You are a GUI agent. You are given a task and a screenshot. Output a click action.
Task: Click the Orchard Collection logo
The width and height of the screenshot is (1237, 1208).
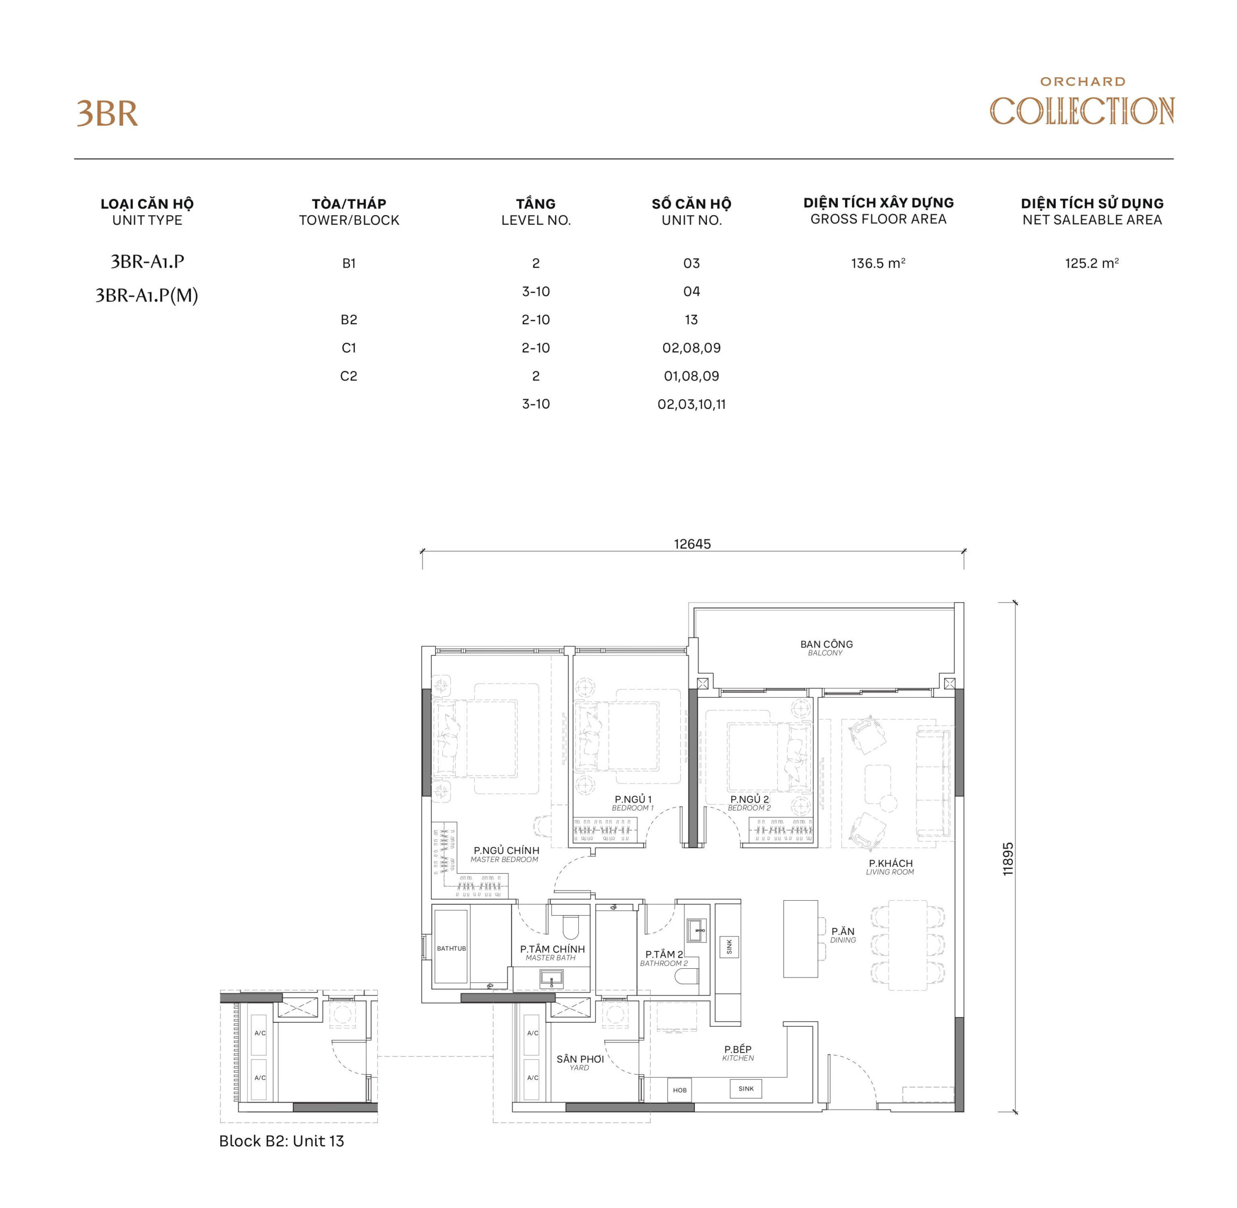1081,104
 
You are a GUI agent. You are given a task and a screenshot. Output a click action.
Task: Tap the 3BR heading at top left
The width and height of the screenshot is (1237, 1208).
107,114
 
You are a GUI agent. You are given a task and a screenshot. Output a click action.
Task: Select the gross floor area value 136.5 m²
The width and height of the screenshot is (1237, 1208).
878,263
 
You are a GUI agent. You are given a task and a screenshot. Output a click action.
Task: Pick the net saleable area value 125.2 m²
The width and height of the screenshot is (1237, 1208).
1091,263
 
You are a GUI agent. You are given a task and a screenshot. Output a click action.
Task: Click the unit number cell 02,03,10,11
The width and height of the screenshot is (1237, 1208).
691,404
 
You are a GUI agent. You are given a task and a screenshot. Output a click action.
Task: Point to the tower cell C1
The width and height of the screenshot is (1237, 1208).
349,348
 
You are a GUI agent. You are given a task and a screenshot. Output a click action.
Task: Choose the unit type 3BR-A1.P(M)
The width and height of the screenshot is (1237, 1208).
146,296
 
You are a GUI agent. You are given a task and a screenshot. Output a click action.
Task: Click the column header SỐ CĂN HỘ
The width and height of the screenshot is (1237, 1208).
691,203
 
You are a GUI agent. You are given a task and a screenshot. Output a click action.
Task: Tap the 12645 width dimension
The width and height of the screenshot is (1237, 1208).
692,544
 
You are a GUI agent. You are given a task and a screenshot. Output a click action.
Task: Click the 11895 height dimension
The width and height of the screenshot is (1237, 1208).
1008,859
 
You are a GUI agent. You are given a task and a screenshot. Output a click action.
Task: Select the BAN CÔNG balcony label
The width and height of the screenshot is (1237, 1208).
826,647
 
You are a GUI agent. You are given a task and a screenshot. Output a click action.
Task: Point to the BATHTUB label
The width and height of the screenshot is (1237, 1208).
451,949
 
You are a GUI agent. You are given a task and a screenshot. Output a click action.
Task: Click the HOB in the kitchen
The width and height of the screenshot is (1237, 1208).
679,1090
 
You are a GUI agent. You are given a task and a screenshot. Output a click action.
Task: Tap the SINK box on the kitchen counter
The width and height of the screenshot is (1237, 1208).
746,1089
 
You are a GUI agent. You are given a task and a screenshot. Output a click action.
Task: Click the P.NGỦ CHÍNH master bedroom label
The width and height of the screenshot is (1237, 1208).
505,854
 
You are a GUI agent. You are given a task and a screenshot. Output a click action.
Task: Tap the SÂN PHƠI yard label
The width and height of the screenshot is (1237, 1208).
580,1062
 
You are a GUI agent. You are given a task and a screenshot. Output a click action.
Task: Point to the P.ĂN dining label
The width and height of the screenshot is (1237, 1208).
842,935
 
